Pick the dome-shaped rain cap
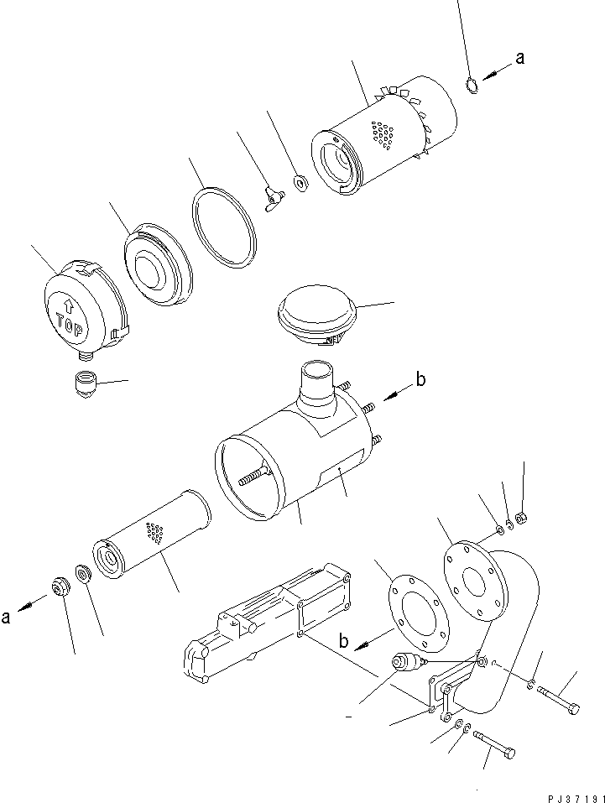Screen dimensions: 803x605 316,315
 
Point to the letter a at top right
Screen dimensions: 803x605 519,58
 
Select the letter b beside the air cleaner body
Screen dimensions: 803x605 420,380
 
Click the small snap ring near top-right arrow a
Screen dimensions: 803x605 472,85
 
